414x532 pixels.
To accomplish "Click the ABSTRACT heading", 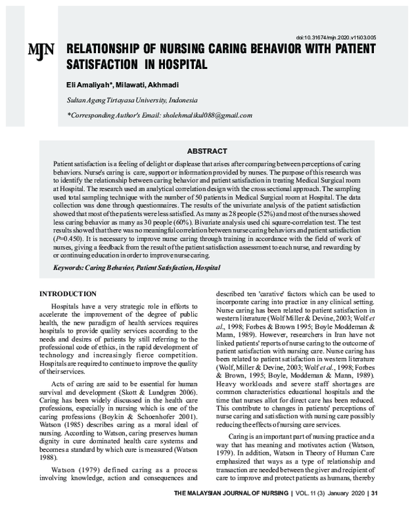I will (207, 151).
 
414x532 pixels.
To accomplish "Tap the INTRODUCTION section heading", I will (68, 293).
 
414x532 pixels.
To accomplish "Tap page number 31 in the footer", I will (375, 513).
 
